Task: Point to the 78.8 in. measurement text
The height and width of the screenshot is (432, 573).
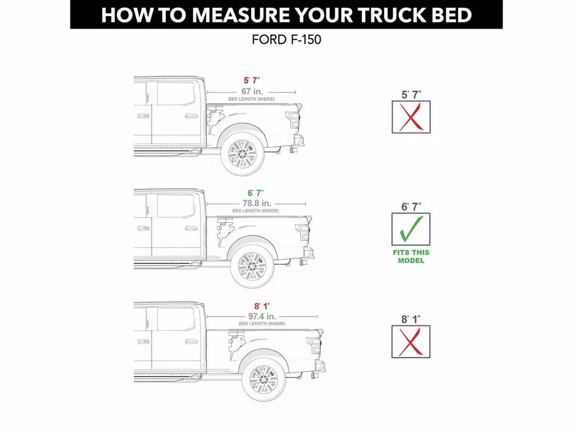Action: point(255,203)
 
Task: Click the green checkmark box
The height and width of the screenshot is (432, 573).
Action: point(411,229)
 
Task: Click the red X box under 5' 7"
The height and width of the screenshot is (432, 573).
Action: point(411,117)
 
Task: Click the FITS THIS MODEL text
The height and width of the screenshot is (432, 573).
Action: point(411,256)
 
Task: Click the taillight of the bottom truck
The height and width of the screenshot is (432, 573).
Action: point(314,346)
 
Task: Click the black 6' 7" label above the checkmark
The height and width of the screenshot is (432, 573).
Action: point(411,207)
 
